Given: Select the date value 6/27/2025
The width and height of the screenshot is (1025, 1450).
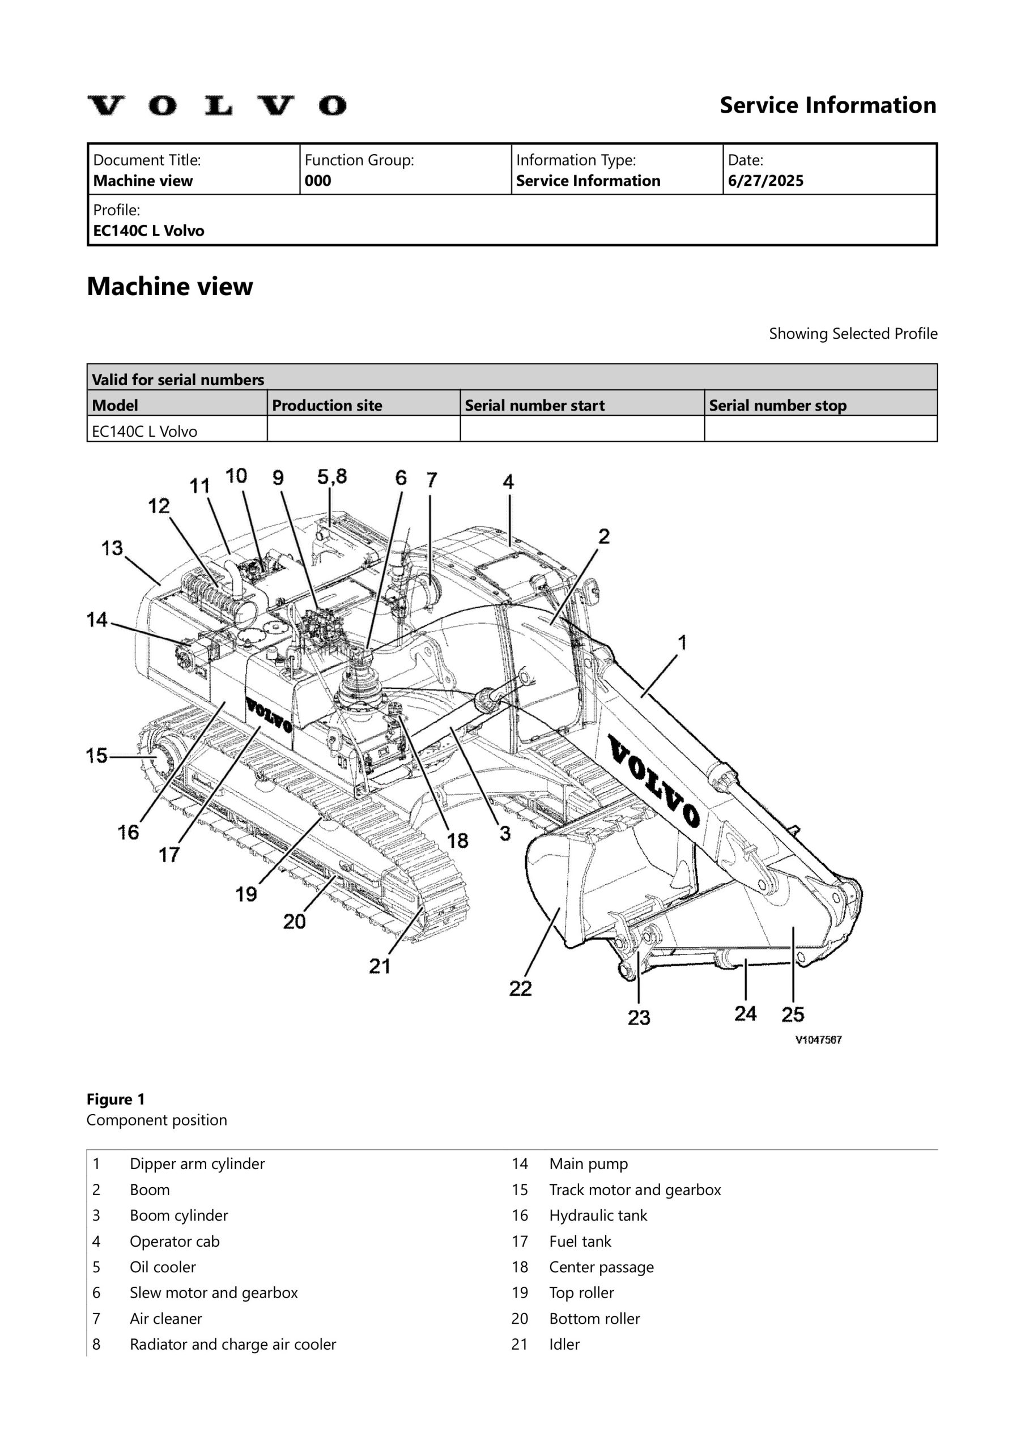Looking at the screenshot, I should (765, 181).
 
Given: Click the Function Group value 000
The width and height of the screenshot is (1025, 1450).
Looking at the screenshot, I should (318, 181).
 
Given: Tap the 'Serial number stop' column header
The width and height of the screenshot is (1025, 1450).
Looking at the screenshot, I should (777, 406).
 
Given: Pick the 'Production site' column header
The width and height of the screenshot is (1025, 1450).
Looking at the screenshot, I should (327, 406).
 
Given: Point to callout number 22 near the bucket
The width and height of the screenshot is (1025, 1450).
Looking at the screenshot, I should (520, 988).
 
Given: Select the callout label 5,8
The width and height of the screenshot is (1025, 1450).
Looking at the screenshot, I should (332, 477).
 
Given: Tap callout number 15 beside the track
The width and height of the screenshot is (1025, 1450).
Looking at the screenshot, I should (97, 756).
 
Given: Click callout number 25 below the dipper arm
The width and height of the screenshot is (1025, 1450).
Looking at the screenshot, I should (793, 1015).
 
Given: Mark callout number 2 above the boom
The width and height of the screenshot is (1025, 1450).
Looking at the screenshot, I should (604, 537).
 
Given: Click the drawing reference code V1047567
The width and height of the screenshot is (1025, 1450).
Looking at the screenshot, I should (818, 1040).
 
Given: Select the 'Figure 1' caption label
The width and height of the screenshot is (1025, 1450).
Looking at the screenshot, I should (116, 1099).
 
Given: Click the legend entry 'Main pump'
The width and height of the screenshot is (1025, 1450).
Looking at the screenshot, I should (588, 1164).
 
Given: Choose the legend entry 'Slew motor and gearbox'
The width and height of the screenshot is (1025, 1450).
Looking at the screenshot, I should (214, 1293).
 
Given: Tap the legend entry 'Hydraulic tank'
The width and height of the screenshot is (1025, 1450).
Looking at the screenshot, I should (598, 1216).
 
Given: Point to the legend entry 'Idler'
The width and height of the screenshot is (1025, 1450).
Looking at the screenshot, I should (564, 1345).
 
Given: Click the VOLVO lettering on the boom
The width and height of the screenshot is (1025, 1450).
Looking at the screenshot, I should (654, 781).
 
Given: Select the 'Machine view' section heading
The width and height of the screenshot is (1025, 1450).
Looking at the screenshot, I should (169, 287).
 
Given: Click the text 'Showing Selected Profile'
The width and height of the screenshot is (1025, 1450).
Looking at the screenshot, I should (853, 334).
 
